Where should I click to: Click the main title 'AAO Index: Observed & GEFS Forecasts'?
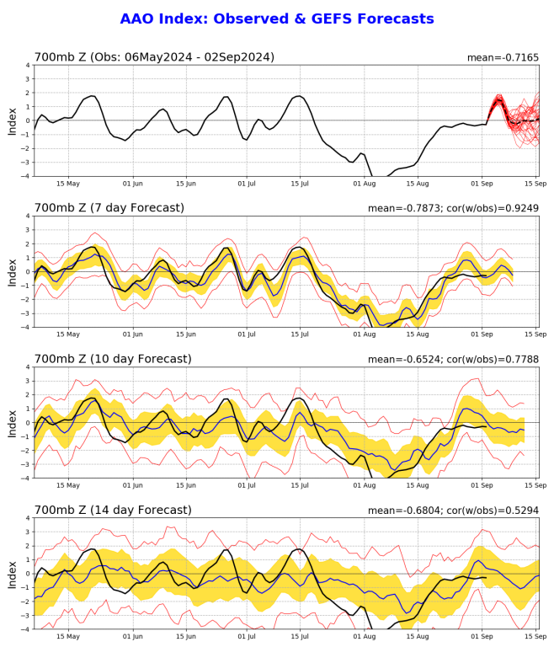277,19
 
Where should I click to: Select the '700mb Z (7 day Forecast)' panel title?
109,208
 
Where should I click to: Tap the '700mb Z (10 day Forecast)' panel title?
112,359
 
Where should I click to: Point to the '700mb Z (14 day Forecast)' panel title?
112,510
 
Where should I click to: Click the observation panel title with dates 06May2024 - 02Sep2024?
154,57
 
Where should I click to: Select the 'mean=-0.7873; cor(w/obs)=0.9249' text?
454,208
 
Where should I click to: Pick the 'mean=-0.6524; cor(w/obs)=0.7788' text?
454,359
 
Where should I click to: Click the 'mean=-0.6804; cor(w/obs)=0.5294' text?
454,510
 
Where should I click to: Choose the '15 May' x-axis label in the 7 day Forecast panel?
68,334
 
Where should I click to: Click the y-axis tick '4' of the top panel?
27,65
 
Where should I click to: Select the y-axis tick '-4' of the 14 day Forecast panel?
24,628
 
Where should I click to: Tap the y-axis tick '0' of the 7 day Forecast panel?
27,271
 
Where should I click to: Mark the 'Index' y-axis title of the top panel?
11,120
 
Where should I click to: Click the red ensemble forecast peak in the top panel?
498,97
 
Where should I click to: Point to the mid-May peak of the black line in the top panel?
91,96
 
